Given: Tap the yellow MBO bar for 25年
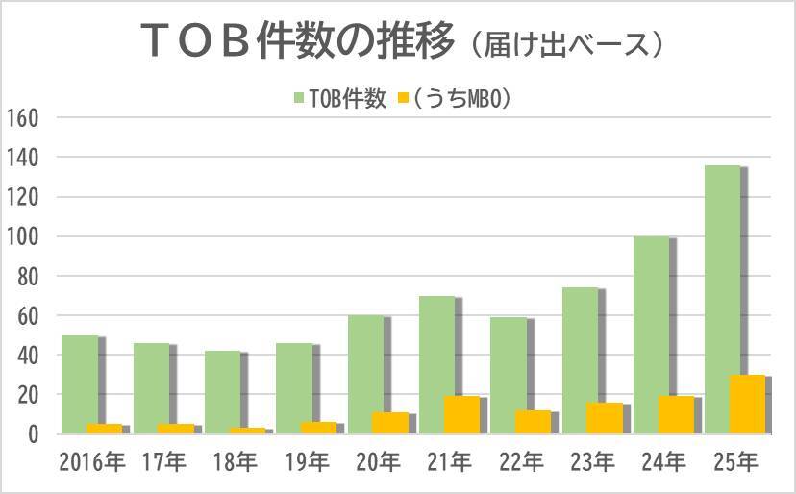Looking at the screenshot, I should pyautogui.click(x=747, y=405).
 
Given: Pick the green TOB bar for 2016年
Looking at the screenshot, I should pyautogui.click(x=79, y=384).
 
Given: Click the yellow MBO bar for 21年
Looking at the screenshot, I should pyautogui.click(x=461, y=415).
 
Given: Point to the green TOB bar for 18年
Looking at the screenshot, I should pyautogui.click(x=222, y=392).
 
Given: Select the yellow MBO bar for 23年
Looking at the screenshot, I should pyautogui.click(x=604, y=418).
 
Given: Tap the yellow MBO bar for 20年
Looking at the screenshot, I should pyautogui.click(x=389, y=423).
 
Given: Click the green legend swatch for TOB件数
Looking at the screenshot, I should pyautogui.click(x=298, y=98).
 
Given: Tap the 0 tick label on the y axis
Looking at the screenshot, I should pyautogui.click(x=32, y=434).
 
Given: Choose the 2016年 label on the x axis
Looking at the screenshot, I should pyautogui.click(x=90, y=462).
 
